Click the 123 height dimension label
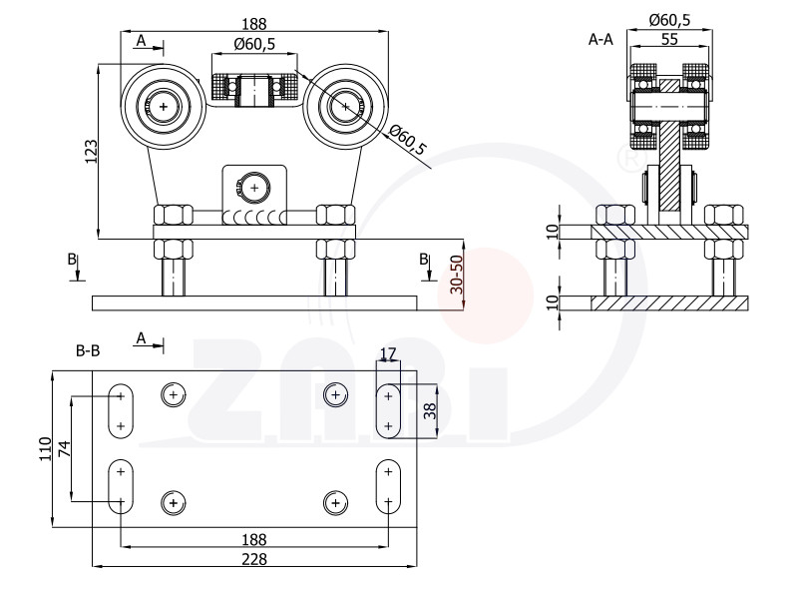pos(91,151)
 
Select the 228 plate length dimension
pos(253,559)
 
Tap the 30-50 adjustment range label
pos(457,275)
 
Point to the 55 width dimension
pos(669,39)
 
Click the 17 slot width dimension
pos(388,353)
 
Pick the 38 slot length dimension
pos(431,411)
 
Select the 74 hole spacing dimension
pos(64,448)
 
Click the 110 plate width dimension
pos(46,449)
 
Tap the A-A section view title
pos(600,39)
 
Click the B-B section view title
pos(88,350)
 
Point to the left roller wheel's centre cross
pos(164,106)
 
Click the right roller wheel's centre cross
pos(346,106)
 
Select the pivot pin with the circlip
pos(254,188)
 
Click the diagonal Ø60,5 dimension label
pos(407,140)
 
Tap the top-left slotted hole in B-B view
pos(121,411)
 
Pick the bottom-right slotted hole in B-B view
pos(388,486)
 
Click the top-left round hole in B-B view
pos(174,394)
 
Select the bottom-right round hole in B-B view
pos(336,503)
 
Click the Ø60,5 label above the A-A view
pos(669,20)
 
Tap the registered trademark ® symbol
pos(631,159)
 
